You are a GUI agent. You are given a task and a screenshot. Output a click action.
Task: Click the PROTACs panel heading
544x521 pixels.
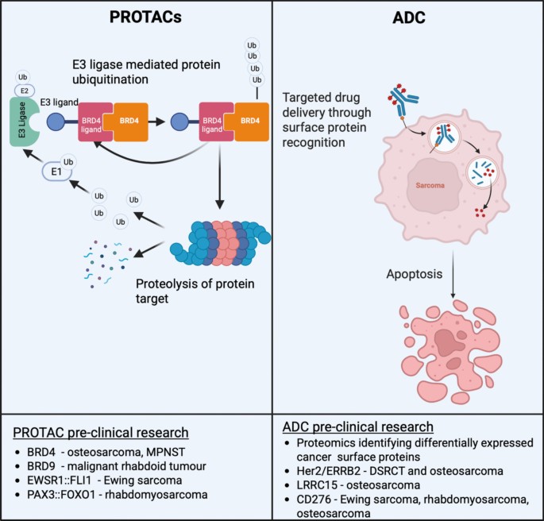pos(145,17)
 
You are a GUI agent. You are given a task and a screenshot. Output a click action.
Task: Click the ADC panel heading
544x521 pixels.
pos(409,17)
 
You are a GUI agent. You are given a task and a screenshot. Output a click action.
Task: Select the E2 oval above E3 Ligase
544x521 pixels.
pos(25,91)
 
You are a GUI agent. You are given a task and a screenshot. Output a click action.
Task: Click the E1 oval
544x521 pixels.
pos(56,172)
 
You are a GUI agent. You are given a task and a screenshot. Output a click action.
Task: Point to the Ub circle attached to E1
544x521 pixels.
pos(68,162)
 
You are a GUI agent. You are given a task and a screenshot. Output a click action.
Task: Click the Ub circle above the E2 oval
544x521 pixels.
pos(22,77)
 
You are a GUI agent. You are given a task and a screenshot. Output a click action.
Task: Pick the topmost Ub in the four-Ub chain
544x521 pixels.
pos(252,45)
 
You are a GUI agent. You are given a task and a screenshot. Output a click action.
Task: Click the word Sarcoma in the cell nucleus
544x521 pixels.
pos(430,185)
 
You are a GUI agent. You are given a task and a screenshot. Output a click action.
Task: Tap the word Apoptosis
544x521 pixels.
pos(415,274)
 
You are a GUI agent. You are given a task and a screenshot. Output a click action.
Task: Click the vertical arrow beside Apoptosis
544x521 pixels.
pos(453,274)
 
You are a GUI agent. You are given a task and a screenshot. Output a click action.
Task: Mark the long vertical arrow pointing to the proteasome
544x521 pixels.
pos(219,177)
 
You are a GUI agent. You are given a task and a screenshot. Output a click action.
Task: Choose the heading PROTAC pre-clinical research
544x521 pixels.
pos(101,433)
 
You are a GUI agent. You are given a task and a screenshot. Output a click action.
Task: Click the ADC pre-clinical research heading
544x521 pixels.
pos(357,426)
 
